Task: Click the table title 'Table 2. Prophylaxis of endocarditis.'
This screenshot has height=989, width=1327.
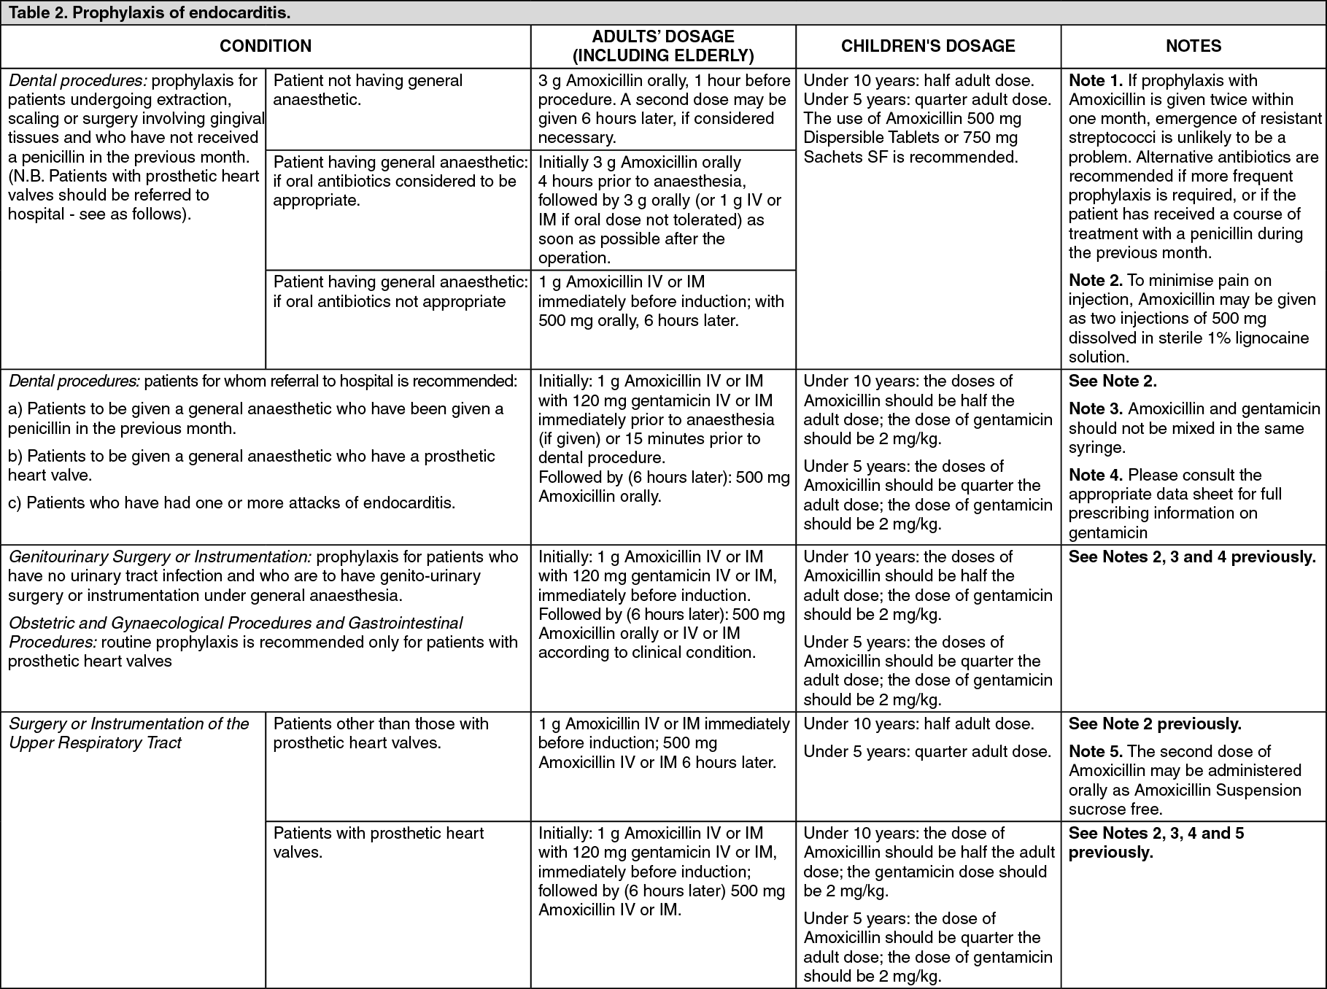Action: [x=150, y=12]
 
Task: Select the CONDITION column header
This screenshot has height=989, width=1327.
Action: [x=266, y=46]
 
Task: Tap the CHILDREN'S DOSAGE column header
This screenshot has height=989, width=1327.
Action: [x=928, y=46]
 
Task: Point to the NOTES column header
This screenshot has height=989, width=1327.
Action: [x=1193, y=46]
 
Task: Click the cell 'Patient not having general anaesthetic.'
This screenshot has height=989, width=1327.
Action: [x=368, y=90]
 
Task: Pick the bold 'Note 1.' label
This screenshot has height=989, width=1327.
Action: [x=1096, y=80]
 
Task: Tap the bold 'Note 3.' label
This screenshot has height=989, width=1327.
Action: [x=1096, y=409]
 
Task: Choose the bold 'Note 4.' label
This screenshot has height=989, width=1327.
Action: [x=1096, y=475]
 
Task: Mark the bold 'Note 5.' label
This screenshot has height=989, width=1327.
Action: [x=1096, y=751]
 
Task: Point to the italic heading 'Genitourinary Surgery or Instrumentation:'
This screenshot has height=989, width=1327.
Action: [x=160, y=556]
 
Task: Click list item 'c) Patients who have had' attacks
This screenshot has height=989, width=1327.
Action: [x=231, y=503]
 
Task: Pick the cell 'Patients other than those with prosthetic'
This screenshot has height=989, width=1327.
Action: [x=381, y=733]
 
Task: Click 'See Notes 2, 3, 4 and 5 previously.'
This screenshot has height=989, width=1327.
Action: [x=1156, y=842]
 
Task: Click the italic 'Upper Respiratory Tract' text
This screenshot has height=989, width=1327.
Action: [x=95, y=742]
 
